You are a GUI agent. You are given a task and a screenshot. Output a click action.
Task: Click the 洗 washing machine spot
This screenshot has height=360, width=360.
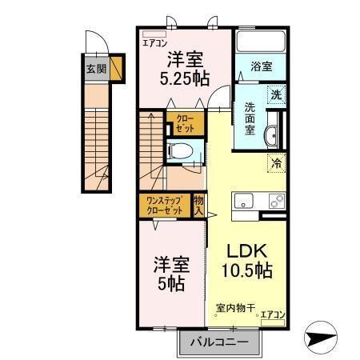click(x=274, y=93)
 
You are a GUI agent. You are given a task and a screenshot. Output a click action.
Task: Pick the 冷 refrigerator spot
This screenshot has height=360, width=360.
click(x=276, y=163)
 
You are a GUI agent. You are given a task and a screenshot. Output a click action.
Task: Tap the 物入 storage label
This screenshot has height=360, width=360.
click(x=199, y=206)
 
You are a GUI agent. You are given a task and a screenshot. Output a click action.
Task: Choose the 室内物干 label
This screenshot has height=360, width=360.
click(x=234, y=307)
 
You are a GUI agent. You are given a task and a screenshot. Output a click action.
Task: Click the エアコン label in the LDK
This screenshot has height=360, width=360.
click(x=272, y=314)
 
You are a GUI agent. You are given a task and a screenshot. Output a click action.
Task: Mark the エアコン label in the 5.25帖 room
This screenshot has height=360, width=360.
click(x=154, y=43)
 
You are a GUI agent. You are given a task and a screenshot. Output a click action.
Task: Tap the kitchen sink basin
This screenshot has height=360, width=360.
click(x=242, y=200)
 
